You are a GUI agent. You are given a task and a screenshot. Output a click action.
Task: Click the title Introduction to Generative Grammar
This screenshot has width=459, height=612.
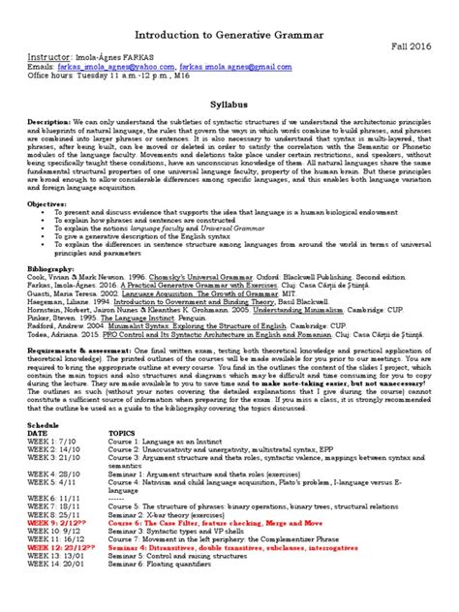229,37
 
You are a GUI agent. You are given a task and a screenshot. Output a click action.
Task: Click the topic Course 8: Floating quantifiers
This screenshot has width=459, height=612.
159,593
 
